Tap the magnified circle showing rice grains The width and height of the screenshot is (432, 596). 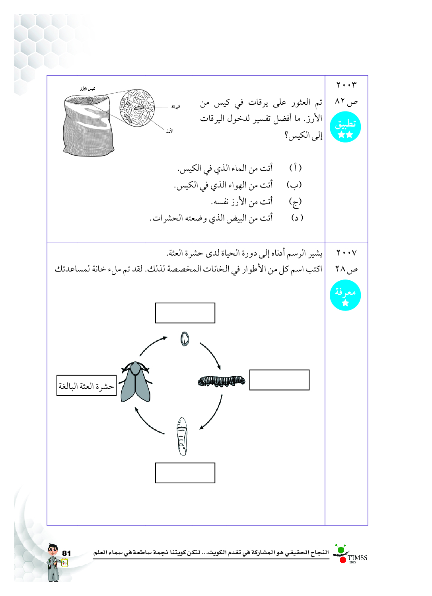point(137,107)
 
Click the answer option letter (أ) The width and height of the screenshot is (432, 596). point(295,168)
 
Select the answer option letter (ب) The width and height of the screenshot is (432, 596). point(294,185)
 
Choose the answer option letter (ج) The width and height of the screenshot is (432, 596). point(295,202)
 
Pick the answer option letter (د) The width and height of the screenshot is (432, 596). point(297,218)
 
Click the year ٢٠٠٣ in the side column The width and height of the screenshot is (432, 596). point(346,85)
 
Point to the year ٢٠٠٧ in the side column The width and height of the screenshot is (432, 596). point(346,253)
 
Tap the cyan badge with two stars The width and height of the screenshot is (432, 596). point(345,127)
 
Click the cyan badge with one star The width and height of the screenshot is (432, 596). point(345,295)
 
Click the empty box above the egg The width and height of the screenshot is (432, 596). point(185,313)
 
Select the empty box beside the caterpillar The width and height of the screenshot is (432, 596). point(279,380)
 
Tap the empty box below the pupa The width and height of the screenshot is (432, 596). point(185,473)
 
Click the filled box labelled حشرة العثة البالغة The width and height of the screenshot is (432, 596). point(86,385)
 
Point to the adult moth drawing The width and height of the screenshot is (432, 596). point(136,382)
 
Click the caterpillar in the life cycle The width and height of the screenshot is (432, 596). point(221,381)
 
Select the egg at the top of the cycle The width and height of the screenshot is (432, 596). point(185,339)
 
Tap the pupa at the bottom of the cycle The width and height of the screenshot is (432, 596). point(182,436)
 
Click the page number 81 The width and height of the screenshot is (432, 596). point(66,553)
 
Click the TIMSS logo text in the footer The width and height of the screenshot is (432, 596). point(357,557)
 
